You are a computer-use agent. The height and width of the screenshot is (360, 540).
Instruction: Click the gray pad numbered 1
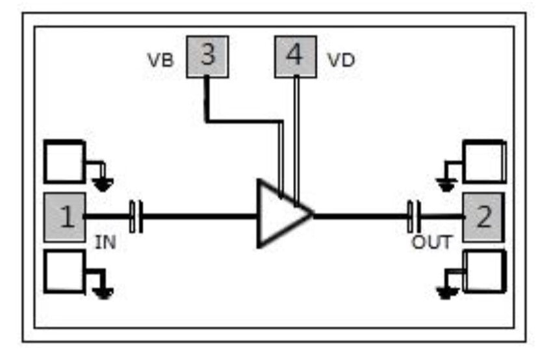point(65,216)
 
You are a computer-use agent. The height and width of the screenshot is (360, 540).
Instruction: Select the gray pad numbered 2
point(483,216)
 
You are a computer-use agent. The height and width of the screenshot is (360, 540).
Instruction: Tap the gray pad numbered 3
point(207,57)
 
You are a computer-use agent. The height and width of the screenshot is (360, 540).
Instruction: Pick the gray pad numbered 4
point(295,57)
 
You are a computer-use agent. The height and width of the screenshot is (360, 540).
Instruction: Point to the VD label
point(341,60)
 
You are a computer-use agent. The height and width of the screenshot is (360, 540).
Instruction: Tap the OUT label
point(431,243)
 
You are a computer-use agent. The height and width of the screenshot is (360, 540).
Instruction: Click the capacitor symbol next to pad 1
point(136,216)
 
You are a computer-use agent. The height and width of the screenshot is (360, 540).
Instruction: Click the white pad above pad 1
point(64,162)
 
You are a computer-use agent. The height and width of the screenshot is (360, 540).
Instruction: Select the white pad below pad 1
point(64,271)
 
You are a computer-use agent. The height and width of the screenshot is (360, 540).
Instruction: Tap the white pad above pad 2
point(483,162)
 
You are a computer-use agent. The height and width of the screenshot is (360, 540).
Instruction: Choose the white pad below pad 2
point(483,271)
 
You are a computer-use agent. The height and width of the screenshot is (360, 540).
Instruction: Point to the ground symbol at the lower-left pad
point(102,292)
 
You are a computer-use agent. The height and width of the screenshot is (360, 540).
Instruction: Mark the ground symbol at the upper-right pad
point(446,185)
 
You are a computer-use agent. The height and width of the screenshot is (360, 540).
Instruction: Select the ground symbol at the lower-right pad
point(446,292)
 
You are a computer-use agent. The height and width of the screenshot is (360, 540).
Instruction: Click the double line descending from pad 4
point(296,136)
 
